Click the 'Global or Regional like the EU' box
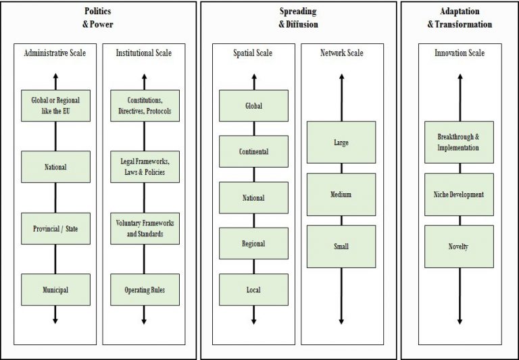[x=55, y=105]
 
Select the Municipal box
[x=55, y=290]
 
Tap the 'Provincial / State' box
[x=55, y=228]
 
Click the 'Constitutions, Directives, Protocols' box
[x=144, y=105]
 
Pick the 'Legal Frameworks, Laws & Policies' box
[x=144, y=167]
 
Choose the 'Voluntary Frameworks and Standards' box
[x=144, y=228]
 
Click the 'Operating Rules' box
[x=144, y=290]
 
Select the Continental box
[x=253, y=151]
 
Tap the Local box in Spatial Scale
[x=253, y=290]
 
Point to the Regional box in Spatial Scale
[x=253, y=243]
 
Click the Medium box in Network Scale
[x=341, y=194]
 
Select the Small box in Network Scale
[x=341, y=247]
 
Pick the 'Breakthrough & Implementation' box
[x=459, y=142]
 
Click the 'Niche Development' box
[x=459, y=194]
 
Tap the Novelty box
[x=459, y=247]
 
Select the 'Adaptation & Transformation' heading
[x=459, y=18]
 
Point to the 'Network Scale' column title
[x=341, y=52]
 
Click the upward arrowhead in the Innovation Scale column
[x=460, y=77]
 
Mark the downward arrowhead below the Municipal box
[x=55, y=319]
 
